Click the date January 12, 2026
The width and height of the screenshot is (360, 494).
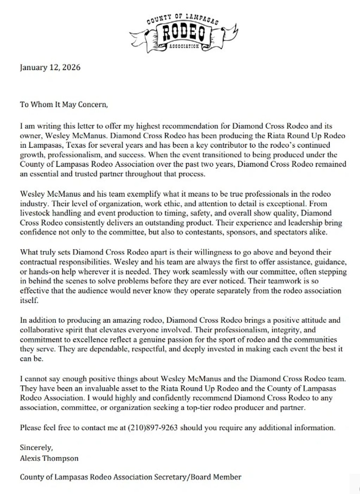click(x=50, y=67)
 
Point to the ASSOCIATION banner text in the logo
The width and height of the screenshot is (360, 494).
click(x=184, y=46)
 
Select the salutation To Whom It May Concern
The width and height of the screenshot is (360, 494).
click(x=63, y=104)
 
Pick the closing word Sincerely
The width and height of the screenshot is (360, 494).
click(x=36, y=448)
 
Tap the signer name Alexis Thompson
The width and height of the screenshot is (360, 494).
click(x=49, y=458)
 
